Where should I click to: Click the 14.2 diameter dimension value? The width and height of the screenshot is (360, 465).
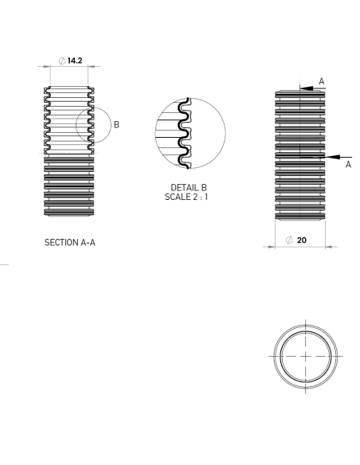75,61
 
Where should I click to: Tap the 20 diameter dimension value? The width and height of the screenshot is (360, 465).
302,240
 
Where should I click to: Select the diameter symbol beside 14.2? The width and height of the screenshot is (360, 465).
62,61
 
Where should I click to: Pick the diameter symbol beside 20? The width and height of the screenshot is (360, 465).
289,240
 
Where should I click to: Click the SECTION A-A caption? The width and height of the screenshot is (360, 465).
70,243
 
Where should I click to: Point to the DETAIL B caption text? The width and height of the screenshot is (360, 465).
189,187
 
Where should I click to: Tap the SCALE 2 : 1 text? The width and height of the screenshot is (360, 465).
186,197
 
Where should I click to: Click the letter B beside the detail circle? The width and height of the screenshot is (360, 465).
116,125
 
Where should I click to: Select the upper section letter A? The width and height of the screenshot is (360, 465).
322,81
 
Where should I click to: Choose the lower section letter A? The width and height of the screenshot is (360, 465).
348,164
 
